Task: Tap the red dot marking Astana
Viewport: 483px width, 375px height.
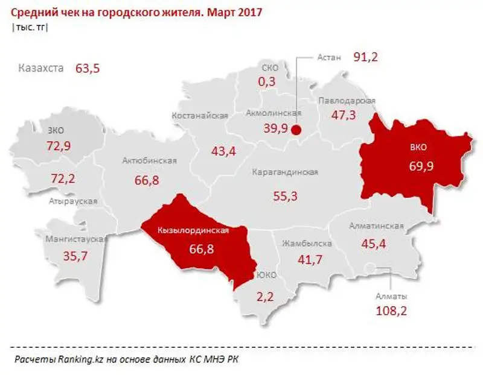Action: pyautogui.click(x=296, y=129)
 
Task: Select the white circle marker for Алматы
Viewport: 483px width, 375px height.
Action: pyautogui.click(x=369, y=269)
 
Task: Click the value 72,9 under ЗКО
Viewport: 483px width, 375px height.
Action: pyautogui.click(x=59, y=145)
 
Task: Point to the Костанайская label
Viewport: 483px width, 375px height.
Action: pyautogui.click(x=199, y=116)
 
